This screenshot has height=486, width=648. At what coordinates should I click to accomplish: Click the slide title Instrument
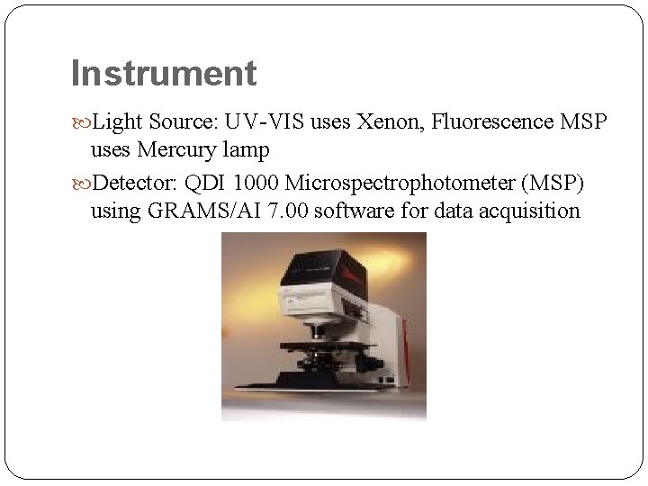[x=163, y=73]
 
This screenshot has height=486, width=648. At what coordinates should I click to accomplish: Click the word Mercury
[x=173, y=149]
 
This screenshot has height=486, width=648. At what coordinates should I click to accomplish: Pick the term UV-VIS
[x=260, y=120]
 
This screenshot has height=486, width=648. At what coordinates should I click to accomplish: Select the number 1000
[x=256, y=184]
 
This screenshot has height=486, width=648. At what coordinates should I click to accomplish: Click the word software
[x=348, y=212]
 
